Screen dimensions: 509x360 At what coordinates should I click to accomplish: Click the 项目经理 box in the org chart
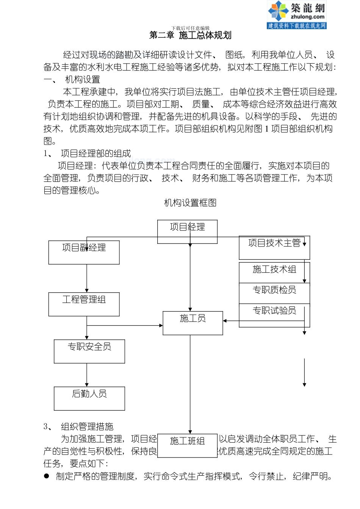point(187,231)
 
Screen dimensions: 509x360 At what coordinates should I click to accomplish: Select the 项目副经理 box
point(84,252)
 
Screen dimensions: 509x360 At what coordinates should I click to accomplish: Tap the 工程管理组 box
point(84,304)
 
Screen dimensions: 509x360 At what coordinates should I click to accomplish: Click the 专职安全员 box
point(89,351)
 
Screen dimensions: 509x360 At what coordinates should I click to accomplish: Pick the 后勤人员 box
point(89,398)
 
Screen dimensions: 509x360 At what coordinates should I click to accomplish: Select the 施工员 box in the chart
point(193,323)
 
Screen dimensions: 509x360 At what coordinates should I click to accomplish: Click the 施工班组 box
point(187,445)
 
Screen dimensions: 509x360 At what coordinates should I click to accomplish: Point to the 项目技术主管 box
point(274,248)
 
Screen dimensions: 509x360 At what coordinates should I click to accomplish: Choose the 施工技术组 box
point(274,272)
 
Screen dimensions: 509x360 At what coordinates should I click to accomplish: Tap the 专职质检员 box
point(274,293)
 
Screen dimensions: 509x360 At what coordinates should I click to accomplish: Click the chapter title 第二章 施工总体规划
point(190,36)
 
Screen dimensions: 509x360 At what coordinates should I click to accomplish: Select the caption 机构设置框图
point(190,203)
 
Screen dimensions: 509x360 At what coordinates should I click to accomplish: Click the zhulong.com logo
point(297,15)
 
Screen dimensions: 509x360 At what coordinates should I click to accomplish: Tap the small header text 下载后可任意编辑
point(190,28)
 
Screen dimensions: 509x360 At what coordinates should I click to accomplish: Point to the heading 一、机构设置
point(72,80)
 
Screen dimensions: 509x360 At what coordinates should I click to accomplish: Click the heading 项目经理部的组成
point(95,153)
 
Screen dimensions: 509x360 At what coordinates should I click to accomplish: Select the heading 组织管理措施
point(87,427)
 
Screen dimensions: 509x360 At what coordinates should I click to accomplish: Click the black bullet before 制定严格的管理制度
point(47,476)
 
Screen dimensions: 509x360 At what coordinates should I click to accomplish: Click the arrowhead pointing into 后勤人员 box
point(87,385)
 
